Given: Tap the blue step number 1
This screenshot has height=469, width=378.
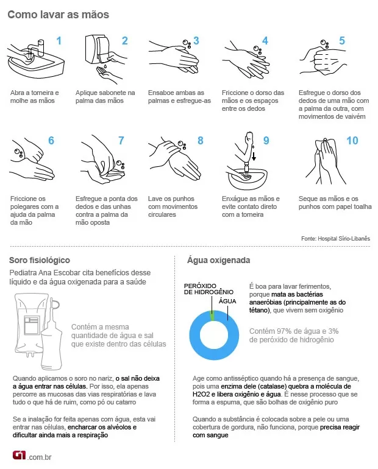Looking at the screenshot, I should coord(59,41).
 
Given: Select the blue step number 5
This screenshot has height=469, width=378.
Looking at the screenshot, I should coord(342,41).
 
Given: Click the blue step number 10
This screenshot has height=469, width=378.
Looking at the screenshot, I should coord(352,141).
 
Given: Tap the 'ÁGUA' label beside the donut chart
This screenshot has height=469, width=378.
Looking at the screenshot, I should coord(227,301).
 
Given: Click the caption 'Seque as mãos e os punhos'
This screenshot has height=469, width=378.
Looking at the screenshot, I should coord(335,203).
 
